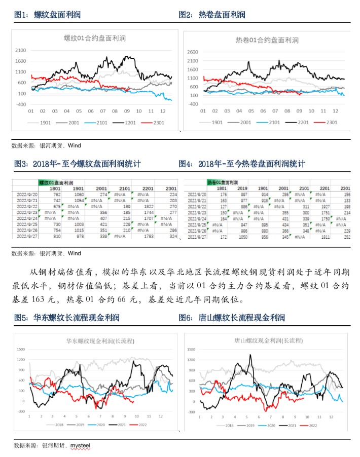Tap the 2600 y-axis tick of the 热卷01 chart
click(x=193, y=52)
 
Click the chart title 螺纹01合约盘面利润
click(x=94, y=38)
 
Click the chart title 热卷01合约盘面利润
click(x=267, y=40)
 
